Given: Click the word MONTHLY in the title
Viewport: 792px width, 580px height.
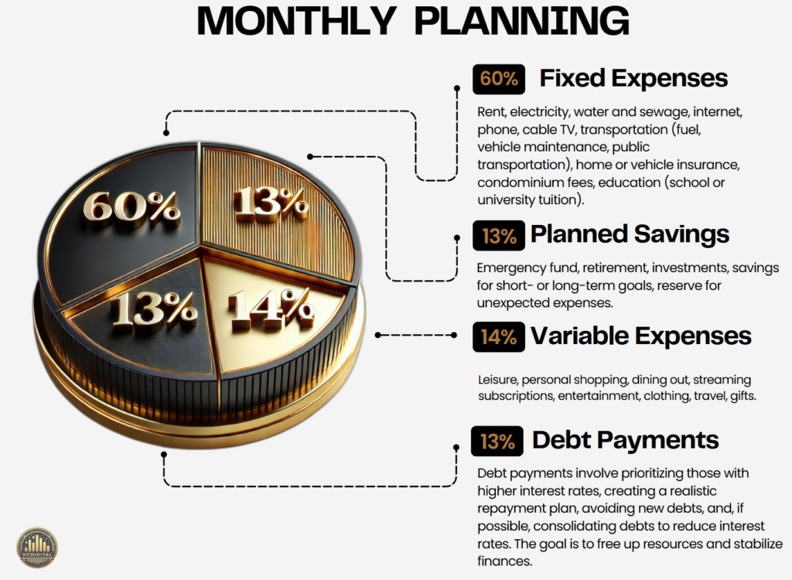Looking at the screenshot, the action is coord(295,21).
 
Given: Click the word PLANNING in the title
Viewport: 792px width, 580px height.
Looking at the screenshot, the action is coord(522,21).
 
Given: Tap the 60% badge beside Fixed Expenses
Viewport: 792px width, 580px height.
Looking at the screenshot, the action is coord(499,80).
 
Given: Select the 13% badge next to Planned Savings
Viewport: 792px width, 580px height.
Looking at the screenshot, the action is coord(499,235).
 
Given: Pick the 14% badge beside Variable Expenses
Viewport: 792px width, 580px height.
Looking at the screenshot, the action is coord(499,336).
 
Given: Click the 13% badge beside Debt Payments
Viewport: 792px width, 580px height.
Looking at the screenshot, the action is coord(497,441).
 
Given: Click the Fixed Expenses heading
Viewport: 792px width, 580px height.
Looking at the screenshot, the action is coord(633,78).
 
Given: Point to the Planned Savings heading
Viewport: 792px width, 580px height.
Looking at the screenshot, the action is coord(630,234).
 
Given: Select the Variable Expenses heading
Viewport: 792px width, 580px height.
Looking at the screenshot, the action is coord(641,336).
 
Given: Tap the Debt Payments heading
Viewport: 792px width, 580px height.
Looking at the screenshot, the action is coord(625,440).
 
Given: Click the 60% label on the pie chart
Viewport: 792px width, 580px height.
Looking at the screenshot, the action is coord(131,207).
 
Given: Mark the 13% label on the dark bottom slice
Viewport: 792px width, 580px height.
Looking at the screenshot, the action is coord(154,308).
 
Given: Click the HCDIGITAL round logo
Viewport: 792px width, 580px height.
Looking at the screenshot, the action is coord(37,548).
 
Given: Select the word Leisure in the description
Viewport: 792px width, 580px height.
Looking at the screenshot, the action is coord(497,380).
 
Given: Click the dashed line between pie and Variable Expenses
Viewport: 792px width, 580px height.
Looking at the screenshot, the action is coord(416,335).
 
